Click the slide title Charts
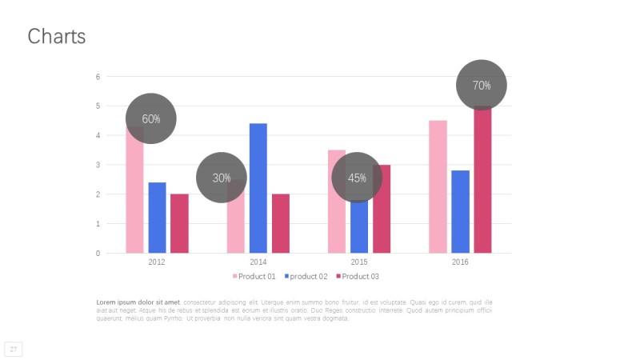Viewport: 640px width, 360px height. (56, 37)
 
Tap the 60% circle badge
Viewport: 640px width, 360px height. (150, 118)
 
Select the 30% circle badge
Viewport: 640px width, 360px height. (221, 178)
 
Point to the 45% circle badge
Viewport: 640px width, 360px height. (357, 178)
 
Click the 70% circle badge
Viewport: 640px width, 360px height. (482, 85)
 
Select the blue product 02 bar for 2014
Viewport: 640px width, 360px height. (258, 188)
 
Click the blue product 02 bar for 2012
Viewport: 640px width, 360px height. (157, 218)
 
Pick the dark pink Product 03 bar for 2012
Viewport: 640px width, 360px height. (179, 223)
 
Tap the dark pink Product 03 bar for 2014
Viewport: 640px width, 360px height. (281, 223)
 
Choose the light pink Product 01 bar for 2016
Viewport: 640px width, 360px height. (438, 186)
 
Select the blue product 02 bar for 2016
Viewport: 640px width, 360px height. (460, 211)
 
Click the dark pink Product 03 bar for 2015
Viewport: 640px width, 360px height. (382, 209)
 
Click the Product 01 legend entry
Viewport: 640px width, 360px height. (254, 276)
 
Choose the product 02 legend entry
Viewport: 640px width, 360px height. (305, 276)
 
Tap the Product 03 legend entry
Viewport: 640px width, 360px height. (357, 276)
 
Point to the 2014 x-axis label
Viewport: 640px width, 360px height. (258, 262)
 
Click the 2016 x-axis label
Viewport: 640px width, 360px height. (460, 262)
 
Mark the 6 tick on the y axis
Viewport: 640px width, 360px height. (98, 77)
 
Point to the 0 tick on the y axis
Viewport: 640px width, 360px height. (98, 254)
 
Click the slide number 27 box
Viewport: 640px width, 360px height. (14, 349)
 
